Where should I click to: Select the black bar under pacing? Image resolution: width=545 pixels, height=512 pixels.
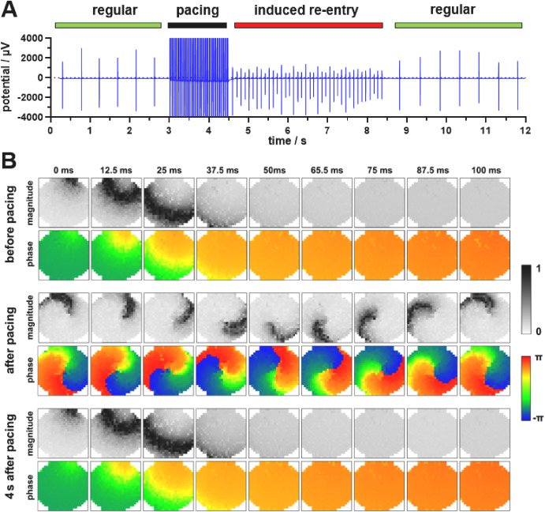point(197,25)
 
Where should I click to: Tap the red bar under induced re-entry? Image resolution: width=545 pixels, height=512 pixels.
point(308,25)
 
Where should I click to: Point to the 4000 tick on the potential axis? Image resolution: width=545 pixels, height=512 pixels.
point(32,39)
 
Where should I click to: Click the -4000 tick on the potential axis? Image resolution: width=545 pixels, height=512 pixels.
point(31,117)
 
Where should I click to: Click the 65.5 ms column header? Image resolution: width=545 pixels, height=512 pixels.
point(327,168)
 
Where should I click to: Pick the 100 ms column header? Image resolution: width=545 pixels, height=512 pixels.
point(484,168)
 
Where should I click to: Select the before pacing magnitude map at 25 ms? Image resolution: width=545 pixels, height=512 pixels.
point(169,201)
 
